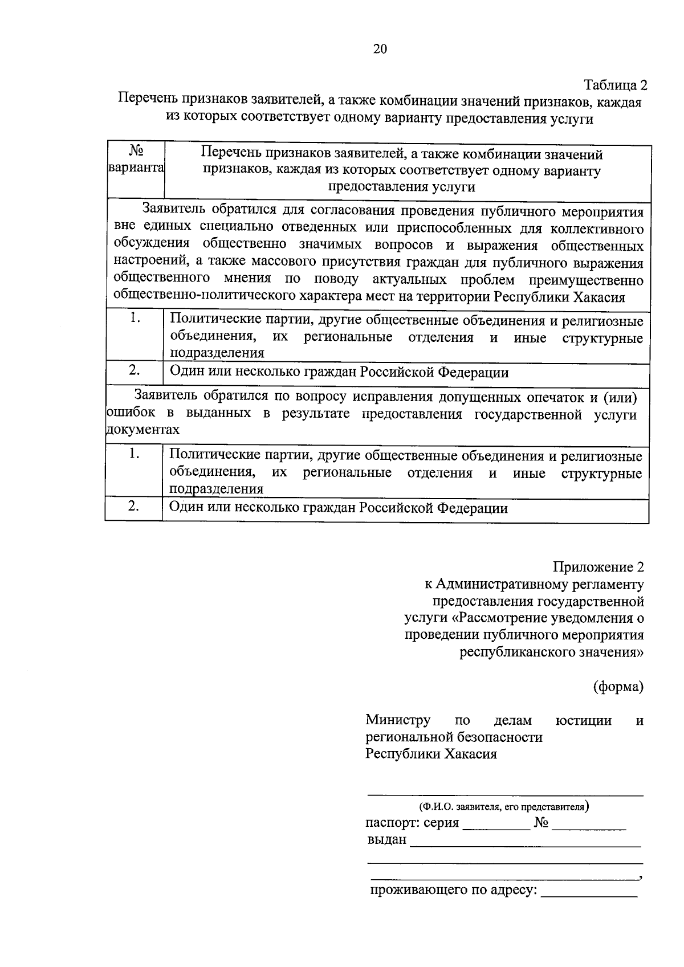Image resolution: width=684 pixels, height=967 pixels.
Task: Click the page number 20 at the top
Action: (380, 49)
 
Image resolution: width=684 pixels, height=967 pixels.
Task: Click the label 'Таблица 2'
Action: (616, 85)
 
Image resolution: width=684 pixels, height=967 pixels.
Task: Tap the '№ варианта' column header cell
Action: (136, 161)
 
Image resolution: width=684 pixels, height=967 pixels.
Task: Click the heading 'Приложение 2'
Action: (598, 567)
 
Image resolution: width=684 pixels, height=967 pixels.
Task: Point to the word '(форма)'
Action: (618, 687)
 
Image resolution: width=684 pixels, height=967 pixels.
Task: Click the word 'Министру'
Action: (398, 720)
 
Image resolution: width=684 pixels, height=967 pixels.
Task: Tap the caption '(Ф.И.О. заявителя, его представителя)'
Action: (504, 807)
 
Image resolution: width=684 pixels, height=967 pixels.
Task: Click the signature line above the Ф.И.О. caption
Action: (504, 794)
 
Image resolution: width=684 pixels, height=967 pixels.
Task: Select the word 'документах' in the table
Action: (142, 430)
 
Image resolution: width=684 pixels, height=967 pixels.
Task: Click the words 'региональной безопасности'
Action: (454, 737)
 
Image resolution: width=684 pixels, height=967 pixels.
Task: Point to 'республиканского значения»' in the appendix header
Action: (552, 652)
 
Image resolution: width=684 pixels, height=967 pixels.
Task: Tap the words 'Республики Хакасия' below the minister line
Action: (431, 754)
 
